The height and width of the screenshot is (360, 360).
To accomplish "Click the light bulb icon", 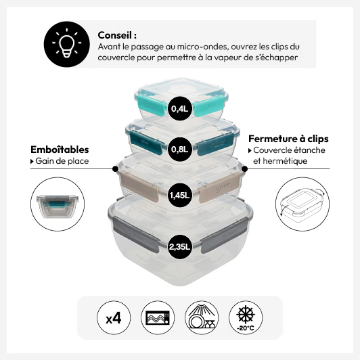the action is point(66,44).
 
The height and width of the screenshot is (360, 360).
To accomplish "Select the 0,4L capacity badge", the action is point(179,108).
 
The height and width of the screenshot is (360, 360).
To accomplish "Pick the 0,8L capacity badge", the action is point(179,150).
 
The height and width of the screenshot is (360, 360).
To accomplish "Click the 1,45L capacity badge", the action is point(179,196).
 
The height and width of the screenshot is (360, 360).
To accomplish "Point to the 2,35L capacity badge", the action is point(179,247).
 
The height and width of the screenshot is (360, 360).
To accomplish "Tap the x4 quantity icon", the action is point(114,318).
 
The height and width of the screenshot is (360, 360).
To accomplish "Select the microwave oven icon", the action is point(158,318).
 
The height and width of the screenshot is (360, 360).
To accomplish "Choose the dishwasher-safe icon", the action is point(202,318).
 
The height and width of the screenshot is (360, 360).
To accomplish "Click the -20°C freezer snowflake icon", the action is point(246,318).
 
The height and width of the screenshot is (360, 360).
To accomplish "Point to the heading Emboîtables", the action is point(60,150).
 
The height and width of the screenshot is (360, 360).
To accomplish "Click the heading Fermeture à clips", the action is point(288,139).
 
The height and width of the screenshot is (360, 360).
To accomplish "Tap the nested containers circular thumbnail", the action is point(58,204).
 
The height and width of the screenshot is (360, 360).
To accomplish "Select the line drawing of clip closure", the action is point(302,204).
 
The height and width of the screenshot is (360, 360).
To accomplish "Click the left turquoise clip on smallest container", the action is point(151,105).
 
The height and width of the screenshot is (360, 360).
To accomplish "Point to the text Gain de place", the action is point(62,161).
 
